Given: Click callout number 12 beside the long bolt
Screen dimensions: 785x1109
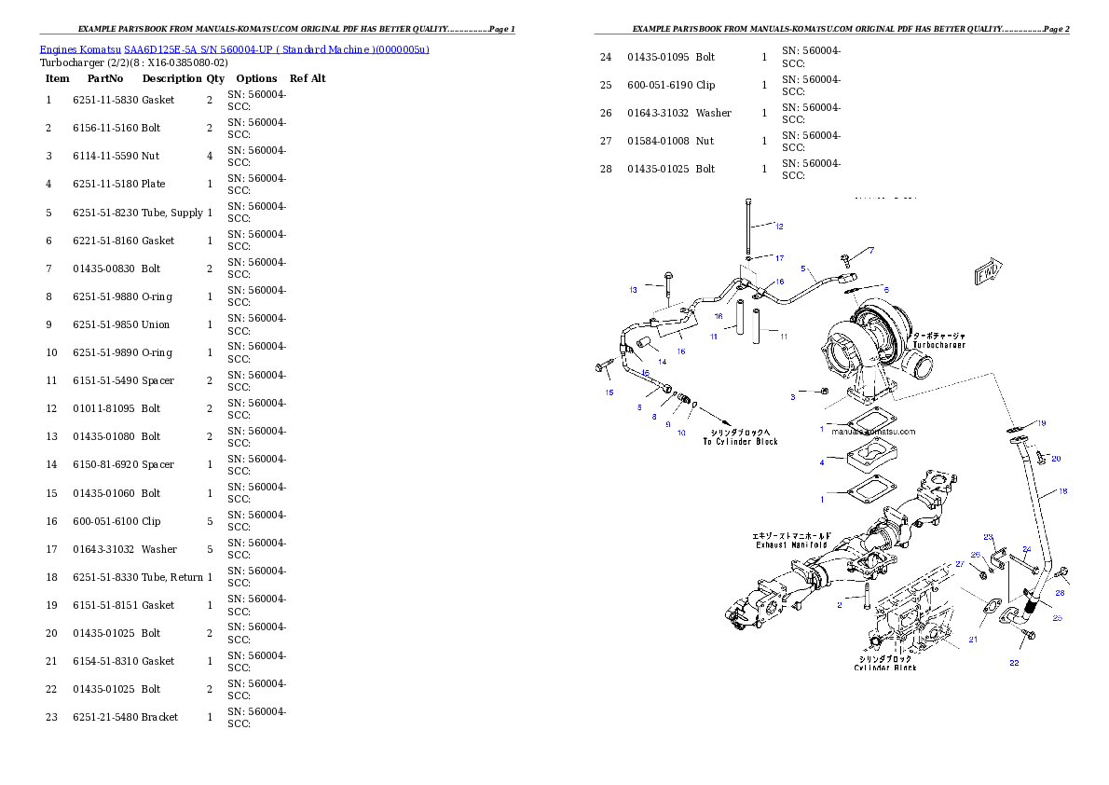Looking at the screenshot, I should [x=779, y=227].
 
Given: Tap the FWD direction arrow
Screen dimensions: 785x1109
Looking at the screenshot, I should [x=989, y=272].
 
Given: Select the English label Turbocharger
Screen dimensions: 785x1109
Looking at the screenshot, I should [x=938, y=345].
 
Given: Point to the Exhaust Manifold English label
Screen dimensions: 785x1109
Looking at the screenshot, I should [x=792, y=544].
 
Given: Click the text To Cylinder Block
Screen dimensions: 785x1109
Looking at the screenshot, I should [x=740, y=442].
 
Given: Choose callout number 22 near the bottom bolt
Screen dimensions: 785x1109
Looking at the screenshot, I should [x=1014, y=663].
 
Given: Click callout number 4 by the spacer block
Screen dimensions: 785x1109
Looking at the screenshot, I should [x=822, y=462].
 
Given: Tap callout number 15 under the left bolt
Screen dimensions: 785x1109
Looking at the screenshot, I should [x=609, y=392].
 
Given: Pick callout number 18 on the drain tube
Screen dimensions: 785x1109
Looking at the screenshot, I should [x=1062, y=491].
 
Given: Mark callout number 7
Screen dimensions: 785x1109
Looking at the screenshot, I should [x=872, y=250].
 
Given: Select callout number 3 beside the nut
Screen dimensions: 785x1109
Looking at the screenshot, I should [x=793, y=397].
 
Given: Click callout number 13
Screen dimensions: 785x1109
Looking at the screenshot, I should [x=633, y=290].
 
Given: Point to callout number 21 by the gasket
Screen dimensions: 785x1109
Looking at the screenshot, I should [x=972, y=640].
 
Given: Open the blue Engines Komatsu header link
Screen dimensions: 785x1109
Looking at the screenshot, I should [x=234, y=49].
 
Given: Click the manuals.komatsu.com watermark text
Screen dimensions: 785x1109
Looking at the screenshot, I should [x=874, y=432].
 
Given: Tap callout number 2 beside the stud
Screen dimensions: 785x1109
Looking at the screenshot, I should [x=839, y=605].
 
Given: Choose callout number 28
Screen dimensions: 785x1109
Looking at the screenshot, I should [x=1060, y=593].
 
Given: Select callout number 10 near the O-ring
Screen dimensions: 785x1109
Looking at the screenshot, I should [x=681, y=433].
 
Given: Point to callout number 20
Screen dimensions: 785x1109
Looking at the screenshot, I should [x=1056, y=459].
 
